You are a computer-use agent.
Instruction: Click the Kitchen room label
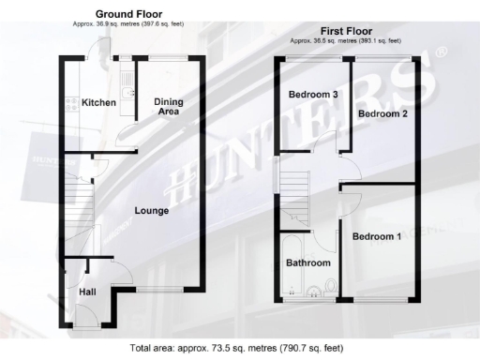97,102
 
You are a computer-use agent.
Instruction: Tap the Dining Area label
167,106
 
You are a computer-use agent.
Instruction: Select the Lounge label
151,211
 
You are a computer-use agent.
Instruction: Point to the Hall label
87,293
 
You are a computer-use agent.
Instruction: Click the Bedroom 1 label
377,237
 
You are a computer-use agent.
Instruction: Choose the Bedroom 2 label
382,114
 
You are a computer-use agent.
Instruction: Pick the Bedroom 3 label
312,95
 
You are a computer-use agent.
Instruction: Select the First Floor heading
346,30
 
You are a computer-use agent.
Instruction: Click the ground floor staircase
73,206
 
